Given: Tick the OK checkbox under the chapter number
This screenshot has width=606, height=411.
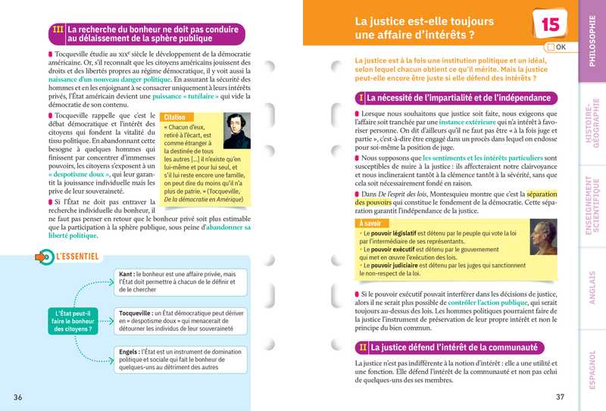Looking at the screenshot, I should click(550, 47).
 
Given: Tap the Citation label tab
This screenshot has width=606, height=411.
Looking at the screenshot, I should click(174, 118).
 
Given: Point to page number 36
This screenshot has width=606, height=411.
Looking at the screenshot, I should click(17, 397).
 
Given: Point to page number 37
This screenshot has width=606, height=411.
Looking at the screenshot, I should click(560, 397).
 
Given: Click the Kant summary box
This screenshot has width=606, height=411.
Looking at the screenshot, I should click(181, 282).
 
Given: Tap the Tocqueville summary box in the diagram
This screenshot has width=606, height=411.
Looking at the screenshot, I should click(181, 322).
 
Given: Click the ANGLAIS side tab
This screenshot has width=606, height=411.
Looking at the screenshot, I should click(592, 288).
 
